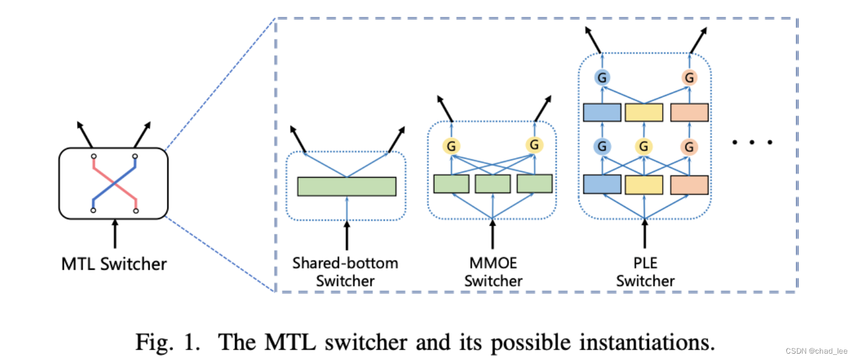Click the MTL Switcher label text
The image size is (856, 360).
(114, 264)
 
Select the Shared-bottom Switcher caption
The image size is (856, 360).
(345, 272)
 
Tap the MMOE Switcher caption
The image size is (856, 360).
(493, 272)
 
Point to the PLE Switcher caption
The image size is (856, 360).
(645, 272)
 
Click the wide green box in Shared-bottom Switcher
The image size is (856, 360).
(347, 186)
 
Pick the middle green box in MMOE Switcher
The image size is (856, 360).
(492, 183)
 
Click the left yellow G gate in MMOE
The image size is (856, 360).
(451, 146)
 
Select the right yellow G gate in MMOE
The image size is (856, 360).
(534, 145)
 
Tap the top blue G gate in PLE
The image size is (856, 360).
(602, 77)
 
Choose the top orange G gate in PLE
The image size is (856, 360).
(689, 77)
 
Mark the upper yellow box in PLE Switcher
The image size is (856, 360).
(645, 113)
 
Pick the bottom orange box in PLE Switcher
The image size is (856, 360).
(689, 184)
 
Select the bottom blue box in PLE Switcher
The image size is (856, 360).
(602, 184)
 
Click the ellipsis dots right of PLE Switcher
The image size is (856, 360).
(752, 141)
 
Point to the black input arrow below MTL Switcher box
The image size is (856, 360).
(115, 232)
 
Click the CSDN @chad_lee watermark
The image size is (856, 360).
(819, 351)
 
